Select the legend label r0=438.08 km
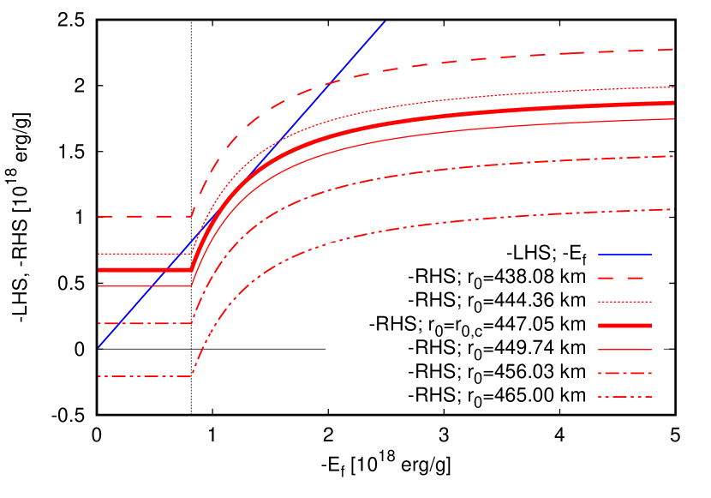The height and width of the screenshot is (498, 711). pyautogui.click(x=497, y=278)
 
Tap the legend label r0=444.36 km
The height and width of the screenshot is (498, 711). pyautogui.click(x=497, y=301)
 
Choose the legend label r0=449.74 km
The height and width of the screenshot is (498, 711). pyautogui.click(x=497, y=349)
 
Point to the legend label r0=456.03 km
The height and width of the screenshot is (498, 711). pyautogui.click(x=497, y=372)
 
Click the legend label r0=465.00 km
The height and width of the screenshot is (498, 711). pyautogui.click(x=497, y=396)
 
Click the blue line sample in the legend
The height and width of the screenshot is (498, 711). pyautogui.click(x=624, y=255)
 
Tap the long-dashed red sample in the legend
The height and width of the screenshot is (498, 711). pyautogui.click(x=624, y=278)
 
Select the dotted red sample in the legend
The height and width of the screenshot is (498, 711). pyautogui.click(x=624, y=301)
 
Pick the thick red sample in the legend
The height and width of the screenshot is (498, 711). pyautogui.click(x=624, y=326)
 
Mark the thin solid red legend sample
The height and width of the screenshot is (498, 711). pyautogui.click(x=624, y=349)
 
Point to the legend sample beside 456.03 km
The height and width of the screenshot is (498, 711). pyautogui.click(x=624, y=373)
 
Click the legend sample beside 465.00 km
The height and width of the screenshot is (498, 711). pyautogui.click(x=624, y=396)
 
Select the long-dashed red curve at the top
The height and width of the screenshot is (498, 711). pyautogui.click(x=514, y=55)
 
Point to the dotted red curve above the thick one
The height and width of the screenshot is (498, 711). pyautogui.click(x=514, y=96)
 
